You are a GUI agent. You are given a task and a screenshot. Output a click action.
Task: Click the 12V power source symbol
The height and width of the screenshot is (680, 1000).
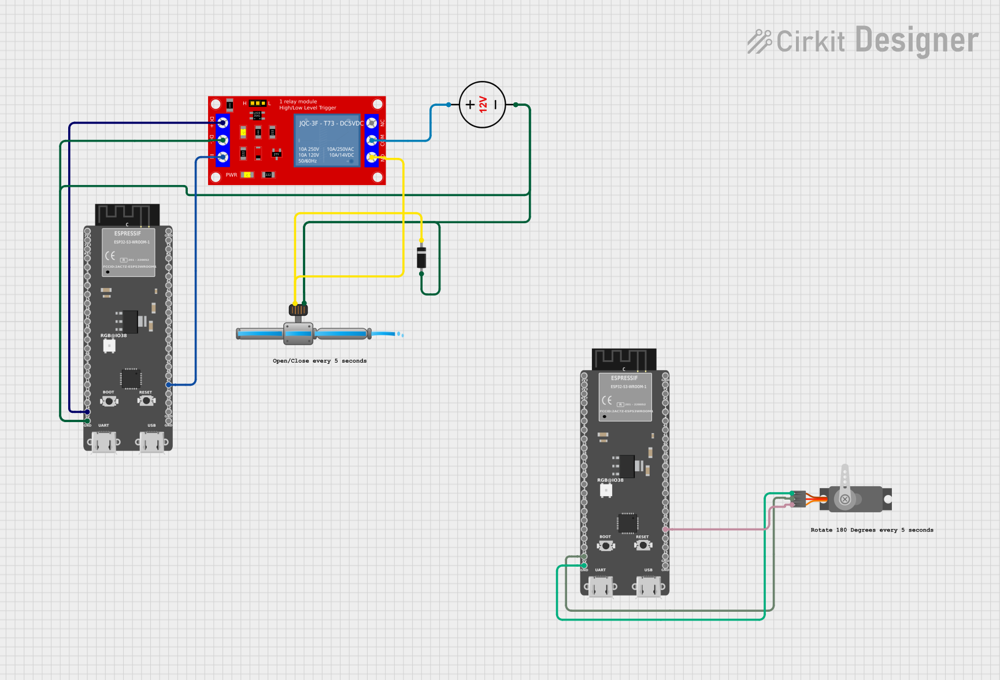pos(482,105)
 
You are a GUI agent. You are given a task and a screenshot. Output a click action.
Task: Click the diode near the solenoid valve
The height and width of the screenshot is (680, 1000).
pos(421,257)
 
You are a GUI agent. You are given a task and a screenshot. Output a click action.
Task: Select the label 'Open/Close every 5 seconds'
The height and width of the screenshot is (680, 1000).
pos(320,361)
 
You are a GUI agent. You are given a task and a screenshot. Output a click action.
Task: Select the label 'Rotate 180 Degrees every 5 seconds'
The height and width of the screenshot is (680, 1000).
pos(872,530)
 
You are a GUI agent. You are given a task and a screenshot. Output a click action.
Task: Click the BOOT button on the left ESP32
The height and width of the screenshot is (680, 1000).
pos(109,400)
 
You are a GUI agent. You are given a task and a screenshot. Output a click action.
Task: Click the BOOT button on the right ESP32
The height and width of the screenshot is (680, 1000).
pos(605,545)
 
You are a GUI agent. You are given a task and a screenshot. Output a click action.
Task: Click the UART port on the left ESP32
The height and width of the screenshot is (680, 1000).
pos(104,444)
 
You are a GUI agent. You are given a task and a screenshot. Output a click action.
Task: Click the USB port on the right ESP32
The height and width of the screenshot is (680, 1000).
pos(649,587)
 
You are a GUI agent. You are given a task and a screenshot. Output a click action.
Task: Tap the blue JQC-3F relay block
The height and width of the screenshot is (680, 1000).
pos(327,141)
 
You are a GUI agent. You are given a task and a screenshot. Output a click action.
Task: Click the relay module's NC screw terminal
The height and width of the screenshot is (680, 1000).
pos(372,123)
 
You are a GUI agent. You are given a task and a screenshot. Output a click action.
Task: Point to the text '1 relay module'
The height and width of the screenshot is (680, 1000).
pos(298,101)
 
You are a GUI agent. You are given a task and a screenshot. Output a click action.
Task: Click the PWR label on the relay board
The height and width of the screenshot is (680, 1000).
pos(231,175)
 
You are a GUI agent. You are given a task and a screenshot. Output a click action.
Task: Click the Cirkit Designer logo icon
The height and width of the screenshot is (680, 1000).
pos(760,42)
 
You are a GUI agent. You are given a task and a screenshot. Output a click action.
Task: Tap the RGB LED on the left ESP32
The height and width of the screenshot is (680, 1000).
pos(109,346)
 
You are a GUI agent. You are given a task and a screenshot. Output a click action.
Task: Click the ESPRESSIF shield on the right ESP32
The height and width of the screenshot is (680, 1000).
pos(625,397)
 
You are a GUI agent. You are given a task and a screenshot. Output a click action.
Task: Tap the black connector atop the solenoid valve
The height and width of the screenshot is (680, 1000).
pos(298,309)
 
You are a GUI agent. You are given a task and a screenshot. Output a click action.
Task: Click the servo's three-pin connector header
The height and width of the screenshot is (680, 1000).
pos(798,499)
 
